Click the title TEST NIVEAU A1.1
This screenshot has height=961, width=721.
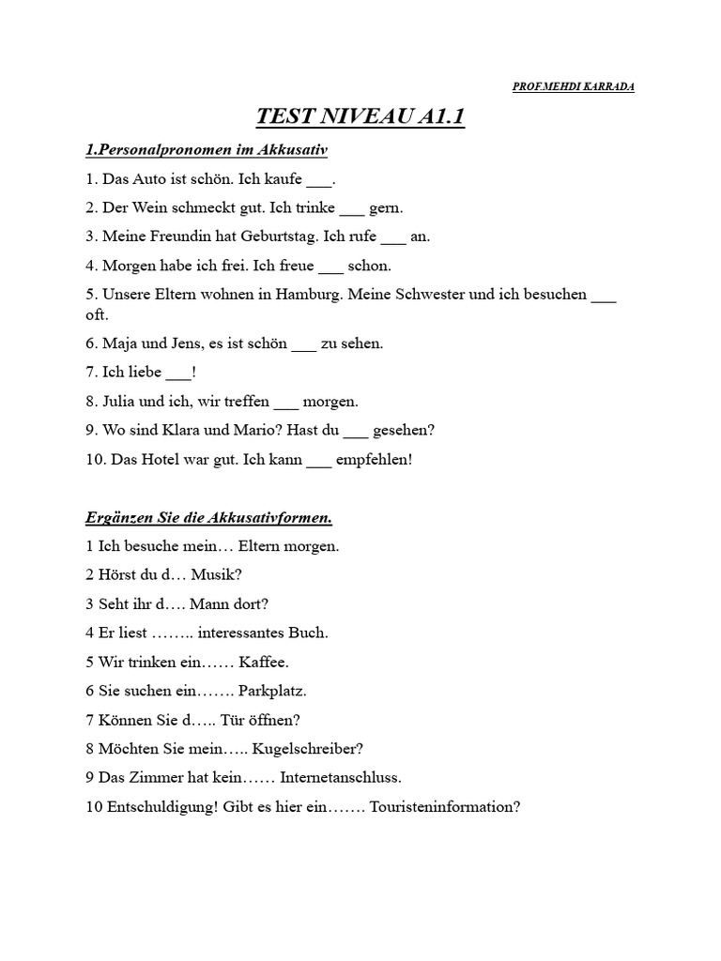pos(361,117)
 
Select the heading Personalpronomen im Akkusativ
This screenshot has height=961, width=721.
pos(206,149)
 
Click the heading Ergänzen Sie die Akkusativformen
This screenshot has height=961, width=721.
pos(208,517)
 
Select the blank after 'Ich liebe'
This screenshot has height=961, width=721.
pos(177,373)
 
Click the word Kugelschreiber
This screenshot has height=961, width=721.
pos(306,748)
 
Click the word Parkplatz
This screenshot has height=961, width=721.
pos(272,691)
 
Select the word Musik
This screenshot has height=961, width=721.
pos(210,574)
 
